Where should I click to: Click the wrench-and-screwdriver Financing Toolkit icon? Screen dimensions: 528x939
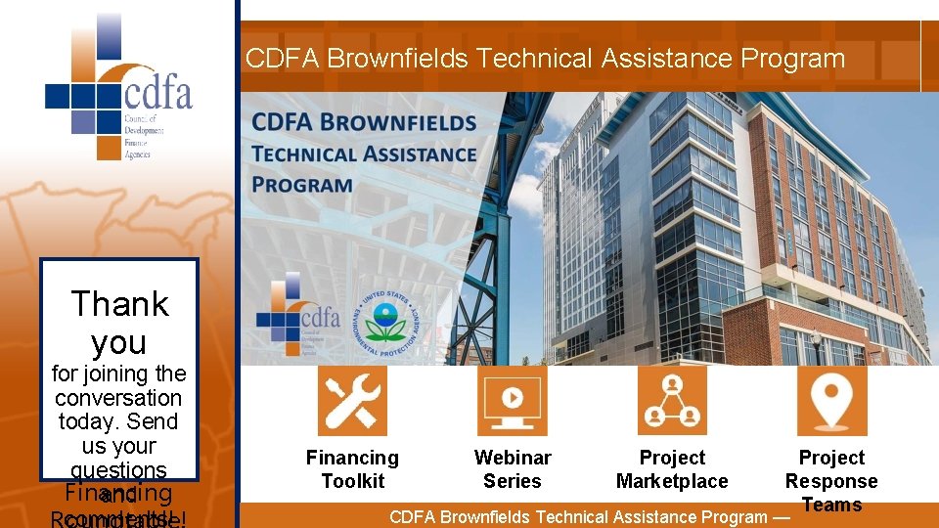pos(352,400)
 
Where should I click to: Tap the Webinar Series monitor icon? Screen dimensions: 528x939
pos(512,400)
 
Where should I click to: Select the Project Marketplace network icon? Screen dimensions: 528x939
pos(672,400)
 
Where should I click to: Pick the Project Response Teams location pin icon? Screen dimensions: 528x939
pos(831,400)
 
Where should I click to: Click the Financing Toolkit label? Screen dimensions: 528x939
pos(352,469)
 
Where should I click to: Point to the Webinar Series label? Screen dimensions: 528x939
pos(512,469)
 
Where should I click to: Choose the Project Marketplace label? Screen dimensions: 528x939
pos(672,469)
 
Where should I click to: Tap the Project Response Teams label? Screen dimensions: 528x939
pos(831,481)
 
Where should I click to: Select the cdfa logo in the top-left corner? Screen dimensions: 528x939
pos(118,88)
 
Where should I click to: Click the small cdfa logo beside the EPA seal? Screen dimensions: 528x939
pos(298,314)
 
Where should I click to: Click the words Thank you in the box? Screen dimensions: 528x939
pos(119,323)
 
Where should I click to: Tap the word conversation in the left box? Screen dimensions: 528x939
pos(118,398)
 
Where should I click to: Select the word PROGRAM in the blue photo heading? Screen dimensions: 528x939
pos(303,185)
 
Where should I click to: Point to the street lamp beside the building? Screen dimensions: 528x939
pos(816,345)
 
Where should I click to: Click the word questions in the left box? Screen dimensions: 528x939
pos(118,470)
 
